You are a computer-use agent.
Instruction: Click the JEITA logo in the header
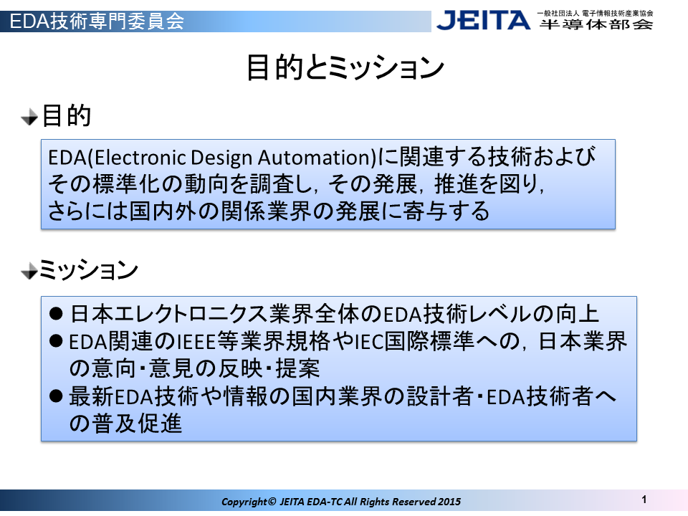click(x=483, y=20)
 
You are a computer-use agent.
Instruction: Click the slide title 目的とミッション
click(x=345, y=67)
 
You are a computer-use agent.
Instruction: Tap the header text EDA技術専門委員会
click(x=97, y=21)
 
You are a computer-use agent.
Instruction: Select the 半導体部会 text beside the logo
click(x=596, y=24)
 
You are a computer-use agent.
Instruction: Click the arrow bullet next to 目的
click(x=30, y=117)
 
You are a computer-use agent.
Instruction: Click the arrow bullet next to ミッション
click(x=30, y=271)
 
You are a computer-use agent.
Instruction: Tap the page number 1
click(x=644, y=500)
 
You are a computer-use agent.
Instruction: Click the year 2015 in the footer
click(x=449, y=502)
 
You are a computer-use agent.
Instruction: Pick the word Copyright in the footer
click(x=244, y=502)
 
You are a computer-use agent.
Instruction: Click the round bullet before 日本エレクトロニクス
click(x=56, y=313)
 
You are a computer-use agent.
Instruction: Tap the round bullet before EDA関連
click(x=56, y=341)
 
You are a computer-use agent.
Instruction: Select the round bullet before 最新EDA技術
click(x=56, y=396)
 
